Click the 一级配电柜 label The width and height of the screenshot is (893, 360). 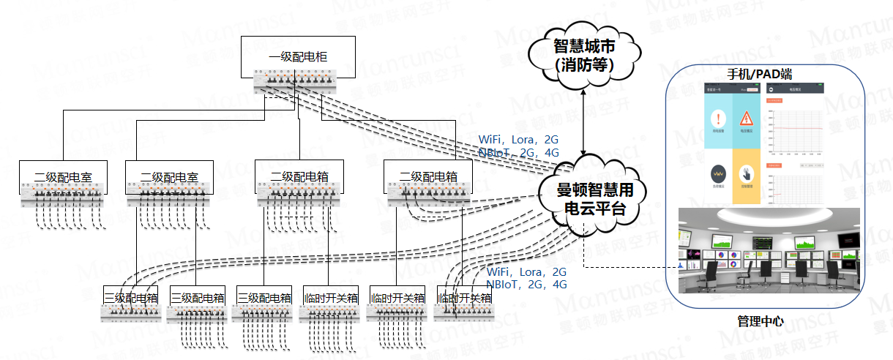(298, 56)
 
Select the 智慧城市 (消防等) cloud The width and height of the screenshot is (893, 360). (583, 54)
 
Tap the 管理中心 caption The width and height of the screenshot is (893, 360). (761, 320)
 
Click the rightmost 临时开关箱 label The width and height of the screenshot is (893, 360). (463, 298)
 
